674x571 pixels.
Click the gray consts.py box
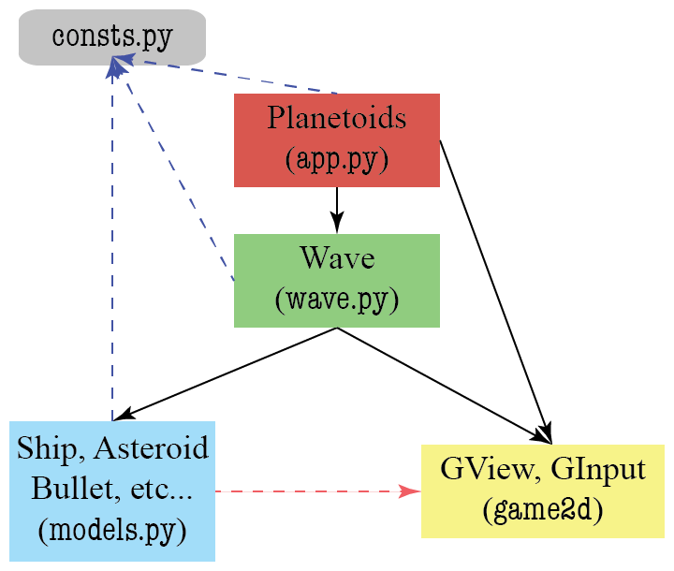[x=111, y=37]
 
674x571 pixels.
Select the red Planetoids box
[x=337, y=139]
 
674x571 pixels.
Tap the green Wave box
[x=337, y=280]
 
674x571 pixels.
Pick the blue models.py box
[x=112, y=491]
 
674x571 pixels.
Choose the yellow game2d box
[x=542, y=491]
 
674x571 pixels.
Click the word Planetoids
[x=337, y=119]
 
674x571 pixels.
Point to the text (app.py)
[x=337, y=159]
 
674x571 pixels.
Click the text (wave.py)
[x=337, y=300]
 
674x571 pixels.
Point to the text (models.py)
[x=112, y=530]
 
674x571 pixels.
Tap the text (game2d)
[x=542, y=511]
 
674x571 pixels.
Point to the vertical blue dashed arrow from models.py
[x=112, y=243]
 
